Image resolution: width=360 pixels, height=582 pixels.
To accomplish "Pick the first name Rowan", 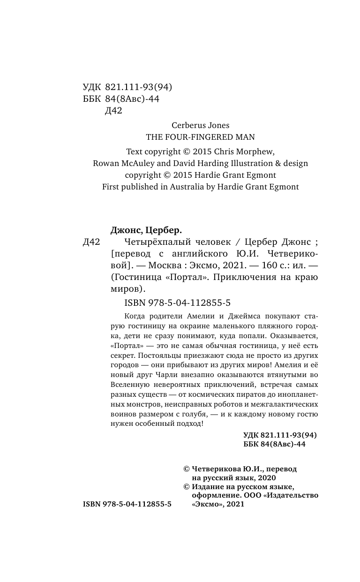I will (x=106, y=163).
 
